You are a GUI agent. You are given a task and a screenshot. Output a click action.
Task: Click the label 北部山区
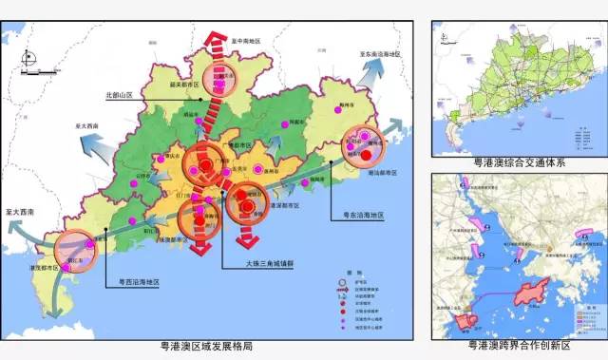pyautogui.click(x=123, y=96)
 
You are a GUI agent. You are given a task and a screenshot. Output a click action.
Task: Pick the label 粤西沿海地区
pyautogui.click(x=138, y=281)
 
